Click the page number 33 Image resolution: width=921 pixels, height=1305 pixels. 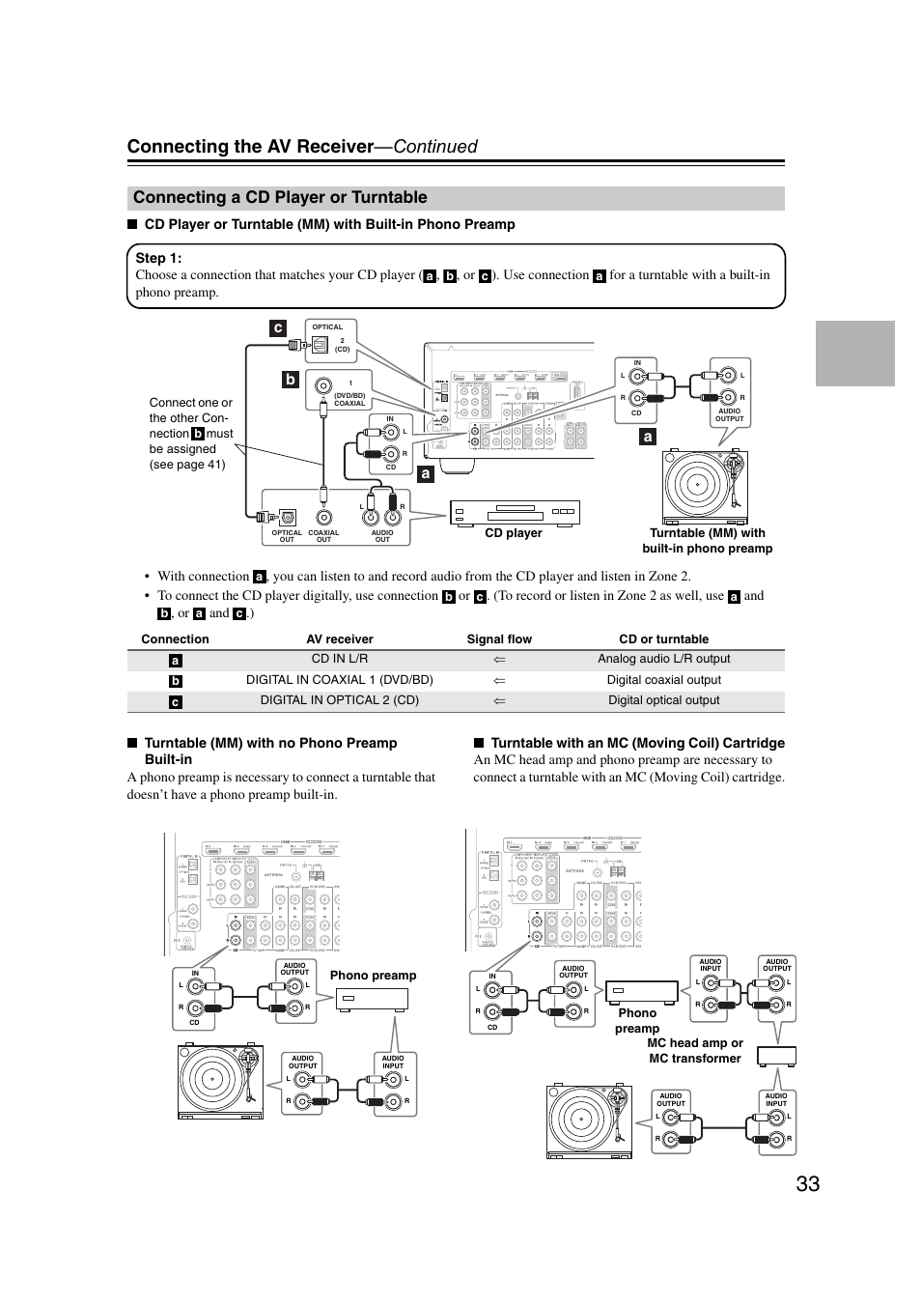coord(807,1183)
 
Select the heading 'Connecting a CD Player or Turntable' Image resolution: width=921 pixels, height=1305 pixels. coord(280,197)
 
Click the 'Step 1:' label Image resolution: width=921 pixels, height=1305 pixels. coord(158,258)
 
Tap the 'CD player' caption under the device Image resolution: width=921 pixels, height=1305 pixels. coord(513,533)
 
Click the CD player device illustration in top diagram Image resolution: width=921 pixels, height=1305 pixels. coord(515,512)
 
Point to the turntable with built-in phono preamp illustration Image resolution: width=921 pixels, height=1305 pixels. coord(705,487)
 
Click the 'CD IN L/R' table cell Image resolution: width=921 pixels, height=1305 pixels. coord(339,659)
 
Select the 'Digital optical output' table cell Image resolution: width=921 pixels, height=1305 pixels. coord(663,700)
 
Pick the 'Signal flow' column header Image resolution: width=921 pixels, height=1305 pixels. coord(499,638)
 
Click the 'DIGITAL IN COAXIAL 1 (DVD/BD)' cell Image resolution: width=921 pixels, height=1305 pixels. coord(339,680)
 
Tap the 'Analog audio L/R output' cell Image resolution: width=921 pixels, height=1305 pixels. coord(663,659)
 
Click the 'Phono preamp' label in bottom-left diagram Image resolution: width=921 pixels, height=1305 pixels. coord(373,976)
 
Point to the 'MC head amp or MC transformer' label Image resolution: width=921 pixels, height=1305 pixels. coord(694,1050)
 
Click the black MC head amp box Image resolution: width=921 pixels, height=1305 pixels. coord(776,1056)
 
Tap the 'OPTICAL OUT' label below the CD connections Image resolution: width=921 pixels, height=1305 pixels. coord(287,536)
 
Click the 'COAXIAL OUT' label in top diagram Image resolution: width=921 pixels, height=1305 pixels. coord(323,536)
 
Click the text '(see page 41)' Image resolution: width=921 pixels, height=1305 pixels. coord(187,465)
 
